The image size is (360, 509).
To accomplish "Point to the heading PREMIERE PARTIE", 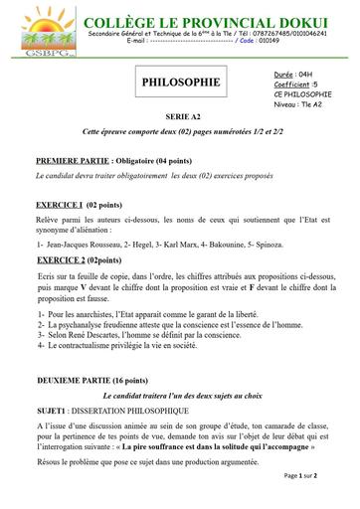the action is pos(83,159).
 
